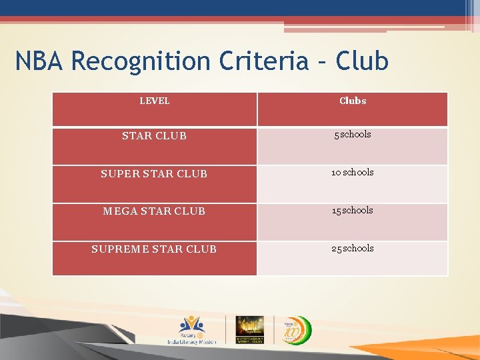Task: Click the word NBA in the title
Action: pos(40,61)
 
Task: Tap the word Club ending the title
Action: pos(362,61)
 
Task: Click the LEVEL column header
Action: pos(154,101)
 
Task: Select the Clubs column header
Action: pos(352,101)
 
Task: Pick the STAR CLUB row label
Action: pos(154,136)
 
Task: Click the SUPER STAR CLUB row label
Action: pos(154,174)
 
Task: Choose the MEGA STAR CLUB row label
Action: pos(154,211)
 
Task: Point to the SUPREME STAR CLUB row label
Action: pos(154,249)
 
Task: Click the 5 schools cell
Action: pos(352,135)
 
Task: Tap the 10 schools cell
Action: pos(352,173)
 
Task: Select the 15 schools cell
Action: pos(352,211)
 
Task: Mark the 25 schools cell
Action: pos(352,249)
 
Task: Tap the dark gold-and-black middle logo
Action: pos(250,329)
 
